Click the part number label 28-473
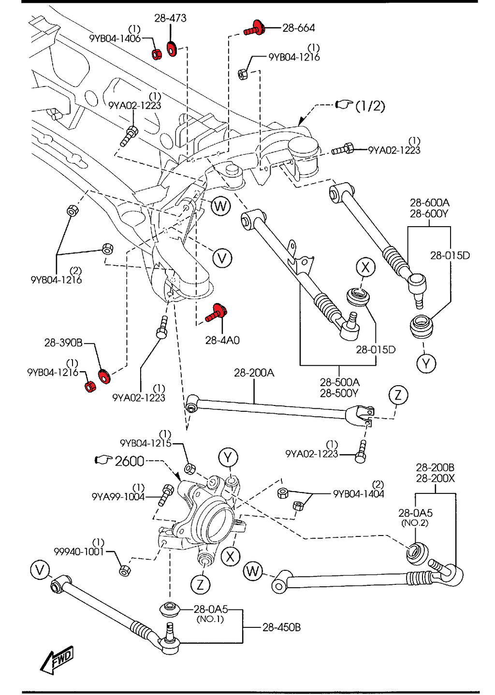[170, 18]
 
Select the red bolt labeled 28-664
[254, 29]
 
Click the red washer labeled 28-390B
[104, 376]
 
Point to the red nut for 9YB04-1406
[157, 54]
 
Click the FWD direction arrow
[57, 660]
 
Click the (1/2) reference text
[370, 106]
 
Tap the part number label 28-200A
[254, 373]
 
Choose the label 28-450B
[281, 627]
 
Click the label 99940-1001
[79, 551]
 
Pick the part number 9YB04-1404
[358, 494]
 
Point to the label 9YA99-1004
[118, 496]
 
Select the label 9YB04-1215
[146, 443]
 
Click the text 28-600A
[429, 203]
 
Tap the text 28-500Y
[339, 393]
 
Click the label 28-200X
[435, 478]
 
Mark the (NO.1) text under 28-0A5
[210, 619]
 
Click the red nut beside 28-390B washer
[90, 387]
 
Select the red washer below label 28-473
[171, 49]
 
